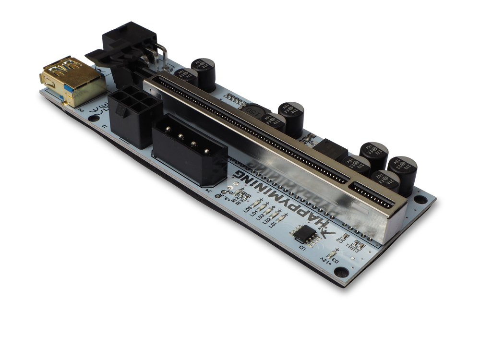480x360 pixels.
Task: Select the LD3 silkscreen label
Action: coord(260,216)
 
